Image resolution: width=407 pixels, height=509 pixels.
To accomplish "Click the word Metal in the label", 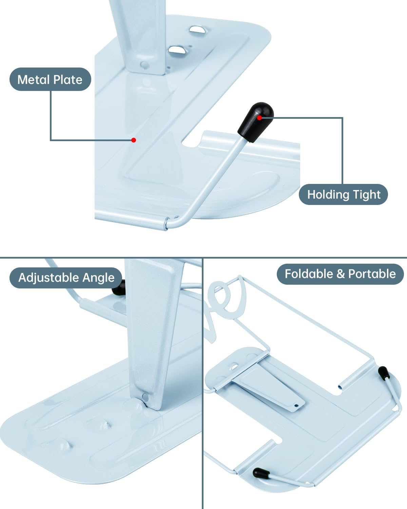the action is point(33,80).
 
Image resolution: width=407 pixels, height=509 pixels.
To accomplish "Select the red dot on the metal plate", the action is point(134,140).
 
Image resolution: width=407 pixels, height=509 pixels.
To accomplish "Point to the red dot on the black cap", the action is point(259,117).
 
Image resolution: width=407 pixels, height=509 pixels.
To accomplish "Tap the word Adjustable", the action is point(49,278).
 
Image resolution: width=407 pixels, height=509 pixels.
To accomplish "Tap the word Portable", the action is point(372,274).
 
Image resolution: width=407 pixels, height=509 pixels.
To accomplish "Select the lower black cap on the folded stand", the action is point(261,473).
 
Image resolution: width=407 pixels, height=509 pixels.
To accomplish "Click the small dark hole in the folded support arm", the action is point(296,406).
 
